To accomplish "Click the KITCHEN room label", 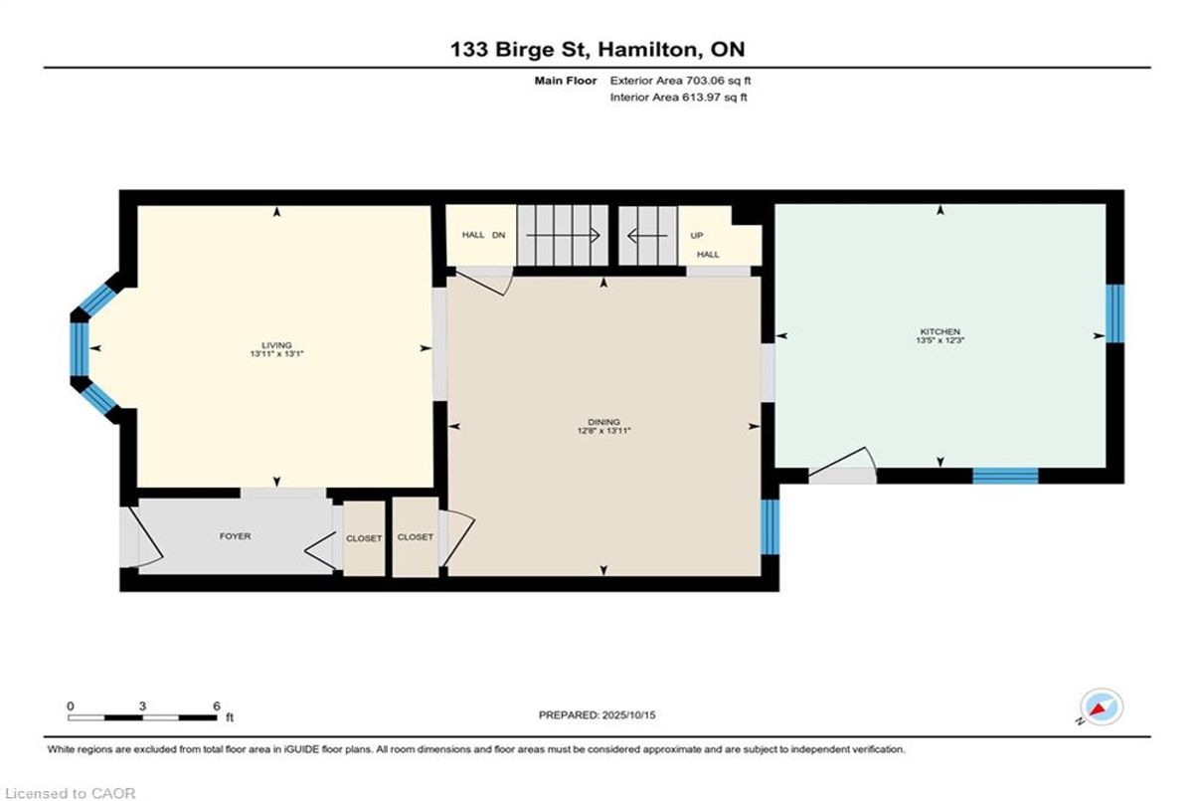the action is tap(940, 331).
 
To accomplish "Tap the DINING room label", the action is tap(604, 422).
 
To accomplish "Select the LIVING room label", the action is tap(277, 345).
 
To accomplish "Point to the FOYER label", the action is tap(235, 536).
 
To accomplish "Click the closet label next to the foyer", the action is tap(364, 538).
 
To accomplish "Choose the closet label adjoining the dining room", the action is tap(415, 537).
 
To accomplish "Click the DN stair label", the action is tap(498, 235).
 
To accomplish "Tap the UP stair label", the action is tap(697, 235).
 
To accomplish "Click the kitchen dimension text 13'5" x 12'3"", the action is tap(940, 340).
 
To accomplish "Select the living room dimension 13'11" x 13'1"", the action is tap(277, 354).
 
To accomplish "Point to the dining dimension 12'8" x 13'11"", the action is tap(604, 431).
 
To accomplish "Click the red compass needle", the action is tap(1098, 709).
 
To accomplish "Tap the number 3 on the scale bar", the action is tap(142, 706).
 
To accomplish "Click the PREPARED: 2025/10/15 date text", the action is tap(597, 715).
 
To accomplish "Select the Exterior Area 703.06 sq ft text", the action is tap(680, 81).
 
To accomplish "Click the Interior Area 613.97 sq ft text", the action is tap(678, 97).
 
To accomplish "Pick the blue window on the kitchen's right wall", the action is tap(1114, 313).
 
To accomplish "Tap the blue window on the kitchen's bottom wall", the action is tap(1005, 476).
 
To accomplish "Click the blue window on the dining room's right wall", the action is tap(769, 527).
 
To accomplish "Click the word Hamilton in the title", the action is tap(646, 50).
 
